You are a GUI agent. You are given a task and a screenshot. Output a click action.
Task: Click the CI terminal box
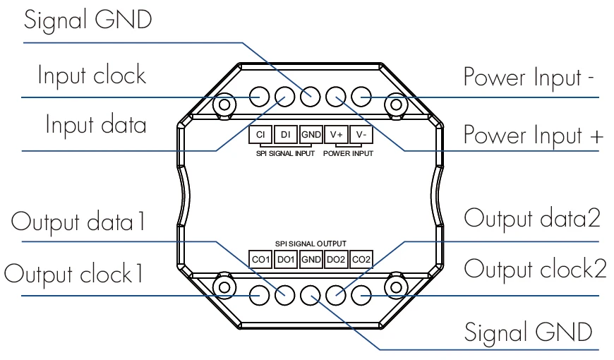tap(259, 134)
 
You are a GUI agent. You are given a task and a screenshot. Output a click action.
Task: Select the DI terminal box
tap(285, 134)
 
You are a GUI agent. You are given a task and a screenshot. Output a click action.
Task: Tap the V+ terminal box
tap(337, 134)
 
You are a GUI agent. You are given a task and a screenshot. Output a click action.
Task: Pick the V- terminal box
tap(361, 134)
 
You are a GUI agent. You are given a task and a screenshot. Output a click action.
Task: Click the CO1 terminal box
tap(260, 259)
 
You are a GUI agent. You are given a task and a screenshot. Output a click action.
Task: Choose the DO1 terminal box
tap(285, 259)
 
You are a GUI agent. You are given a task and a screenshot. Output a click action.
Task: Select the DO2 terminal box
tap(336, 259)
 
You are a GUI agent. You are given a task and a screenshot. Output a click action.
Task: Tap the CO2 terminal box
tap(361, 259)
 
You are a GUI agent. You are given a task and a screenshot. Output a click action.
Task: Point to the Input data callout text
tap(97, 126)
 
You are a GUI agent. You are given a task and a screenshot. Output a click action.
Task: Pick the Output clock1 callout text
tap(75, 272)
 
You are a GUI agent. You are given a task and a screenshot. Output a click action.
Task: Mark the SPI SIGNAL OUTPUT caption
tap(311, 244)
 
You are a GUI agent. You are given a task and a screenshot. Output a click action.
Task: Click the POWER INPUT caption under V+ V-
tap(349, 152)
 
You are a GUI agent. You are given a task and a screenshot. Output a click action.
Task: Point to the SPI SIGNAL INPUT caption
tap(285, 152)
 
